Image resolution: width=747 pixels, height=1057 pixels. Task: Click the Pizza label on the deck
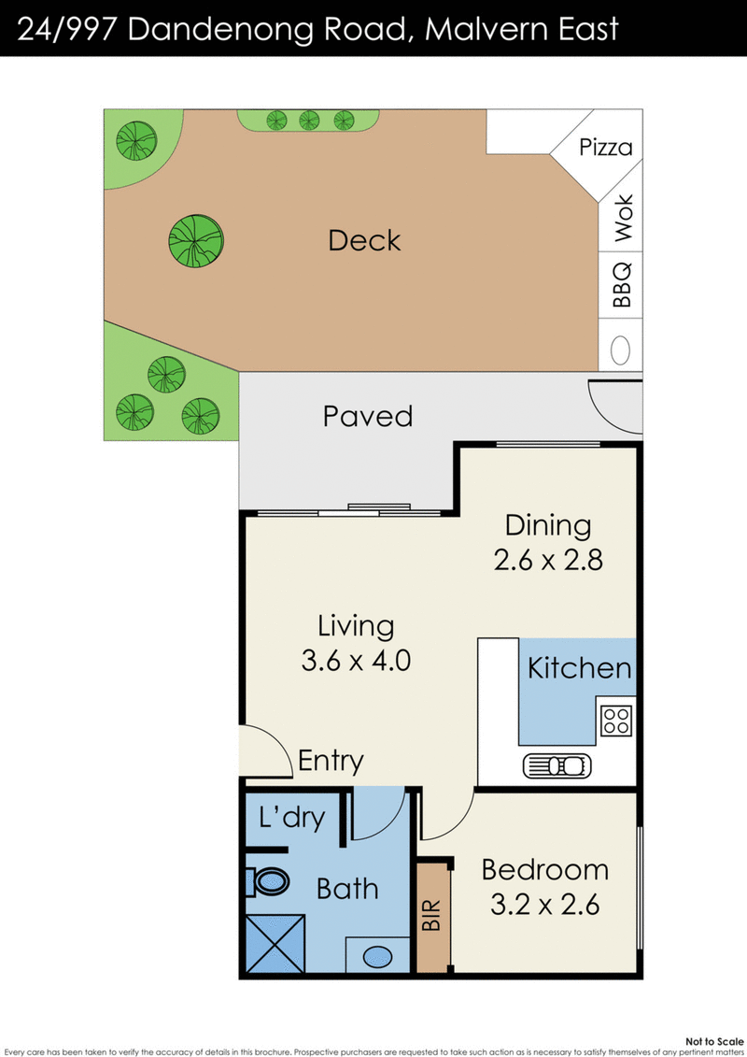[x=606, y=147]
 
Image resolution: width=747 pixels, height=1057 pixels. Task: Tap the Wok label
[x=624, y=218]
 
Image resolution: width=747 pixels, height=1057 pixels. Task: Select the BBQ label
[x=623, y=284]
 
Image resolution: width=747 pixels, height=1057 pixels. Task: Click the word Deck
[x=364, y=241]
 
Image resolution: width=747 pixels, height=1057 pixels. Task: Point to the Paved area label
[x=368, y=416]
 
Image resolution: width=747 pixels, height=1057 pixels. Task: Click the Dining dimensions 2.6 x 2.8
[x=548, y=560]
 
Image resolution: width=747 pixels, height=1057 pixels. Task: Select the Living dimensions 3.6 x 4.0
[x=356, y=661]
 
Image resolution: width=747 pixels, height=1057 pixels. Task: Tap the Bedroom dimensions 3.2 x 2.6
[x=545, y=905]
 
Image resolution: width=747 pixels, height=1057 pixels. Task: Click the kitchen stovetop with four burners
[x=616, y=721]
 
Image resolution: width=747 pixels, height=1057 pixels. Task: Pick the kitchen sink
[x=557, y=766]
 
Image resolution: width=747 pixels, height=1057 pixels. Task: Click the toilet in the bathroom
[x=267, y=881]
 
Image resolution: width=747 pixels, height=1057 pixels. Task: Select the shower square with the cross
[x=275, y=944]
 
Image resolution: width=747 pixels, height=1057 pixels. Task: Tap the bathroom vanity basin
[x=377, y=956]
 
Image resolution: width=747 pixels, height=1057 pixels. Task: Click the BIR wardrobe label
[x=431, y=916]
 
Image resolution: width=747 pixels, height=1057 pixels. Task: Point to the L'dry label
[x=291, y=817]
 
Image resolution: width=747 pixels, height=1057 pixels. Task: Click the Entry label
[x=331, y=761]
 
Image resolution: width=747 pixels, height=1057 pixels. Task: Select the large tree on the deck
[x=196, y=241]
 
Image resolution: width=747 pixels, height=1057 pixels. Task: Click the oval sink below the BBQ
[x=620, y=350]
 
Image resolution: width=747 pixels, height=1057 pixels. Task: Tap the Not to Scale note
[x=714, y=1041]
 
